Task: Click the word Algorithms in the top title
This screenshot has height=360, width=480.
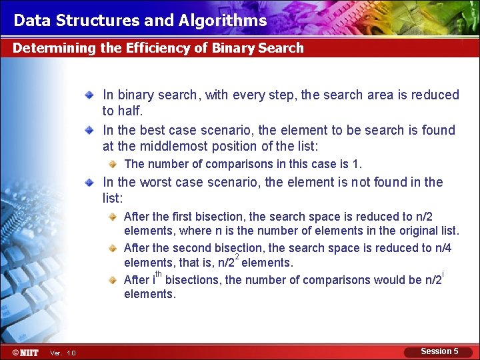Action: [x=223, y=20]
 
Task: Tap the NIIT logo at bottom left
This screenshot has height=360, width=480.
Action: [x=25, y=352]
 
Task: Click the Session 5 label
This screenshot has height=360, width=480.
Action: [x=439, y=351]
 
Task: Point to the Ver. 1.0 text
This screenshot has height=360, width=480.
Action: [x=63, y=353]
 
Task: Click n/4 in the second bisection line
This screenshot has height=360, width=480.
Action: [x=443, y=248]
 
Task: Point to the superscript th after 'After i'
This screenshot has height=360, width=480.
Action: [x=159, y=274]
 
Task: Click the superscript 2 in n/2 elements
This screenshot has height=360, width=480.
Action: [x=237, y=257]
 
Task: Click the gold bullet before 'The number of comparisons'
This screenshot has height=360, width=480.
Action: [x=115, y=164]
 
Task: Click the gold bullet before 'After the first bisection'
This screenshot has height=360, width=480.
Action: [x=115, y=217]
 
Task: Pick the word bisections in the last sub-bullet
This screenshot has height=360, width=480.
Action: [x=193, y=280]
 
